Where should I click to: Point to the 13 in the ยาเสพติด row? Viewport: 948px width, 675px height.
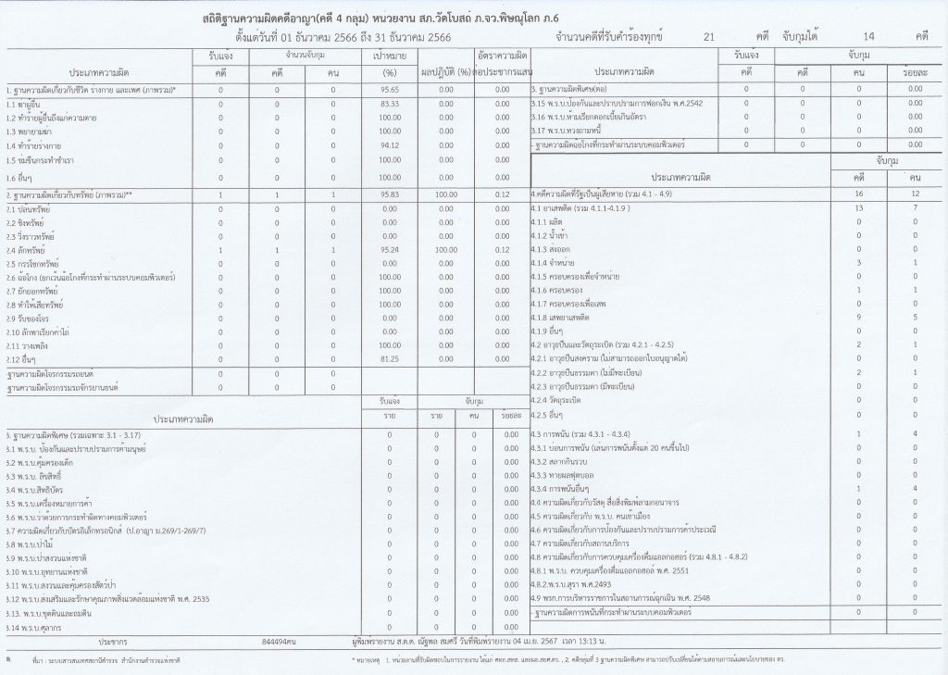point(858,209)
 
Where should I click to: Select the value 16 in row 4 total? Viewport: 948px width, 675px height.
point(858,195)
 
